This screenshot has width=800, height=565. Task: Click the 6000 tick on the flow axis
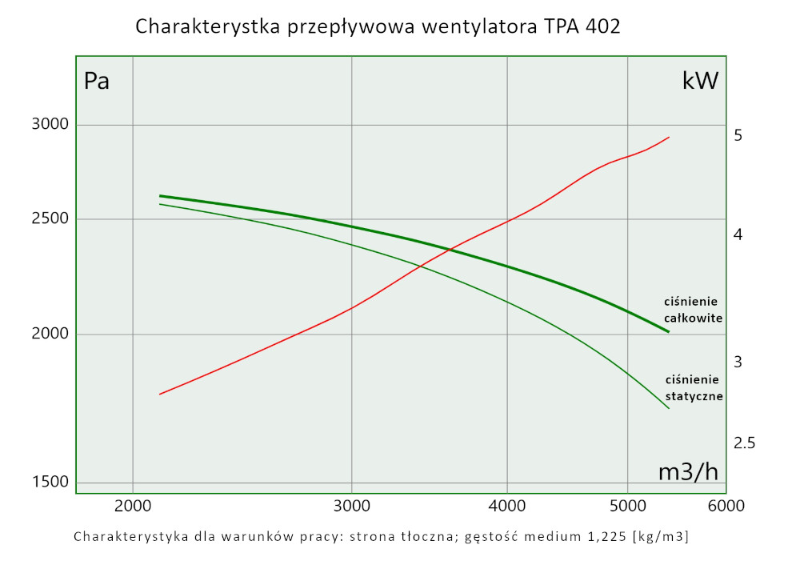726,506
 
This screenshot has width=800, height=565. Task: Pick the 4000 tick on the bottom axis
507,506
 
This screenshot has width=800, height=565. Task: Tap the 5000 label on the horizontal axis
627,506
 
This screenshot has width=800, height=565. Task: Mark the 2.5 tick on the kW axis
744,443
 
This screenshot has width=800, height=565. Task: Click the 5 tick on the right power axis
738,135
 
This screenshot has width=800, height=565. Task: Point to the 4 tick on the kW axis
738,235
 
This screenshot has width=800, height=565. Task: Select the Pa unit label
97,81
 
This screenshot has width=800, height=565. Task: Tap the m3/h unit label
688,472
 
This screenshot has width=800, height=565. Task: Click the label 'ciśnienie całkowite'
694,310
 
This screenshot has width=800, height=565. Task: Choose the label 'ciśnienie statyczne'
694,388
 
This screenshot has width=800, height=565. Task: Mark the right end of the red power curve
669,137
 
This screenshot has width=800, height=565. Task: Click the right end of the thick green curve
668,331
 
